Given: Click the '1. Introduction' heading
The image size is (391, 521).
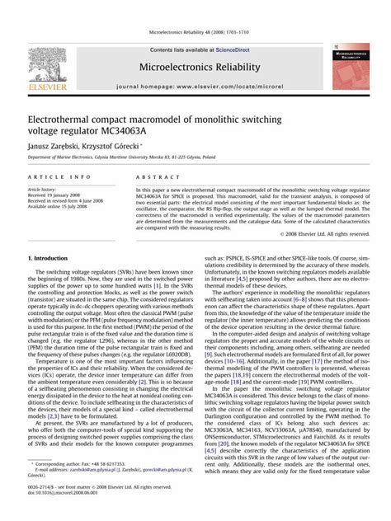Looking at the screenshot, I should tap(52, 258).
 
